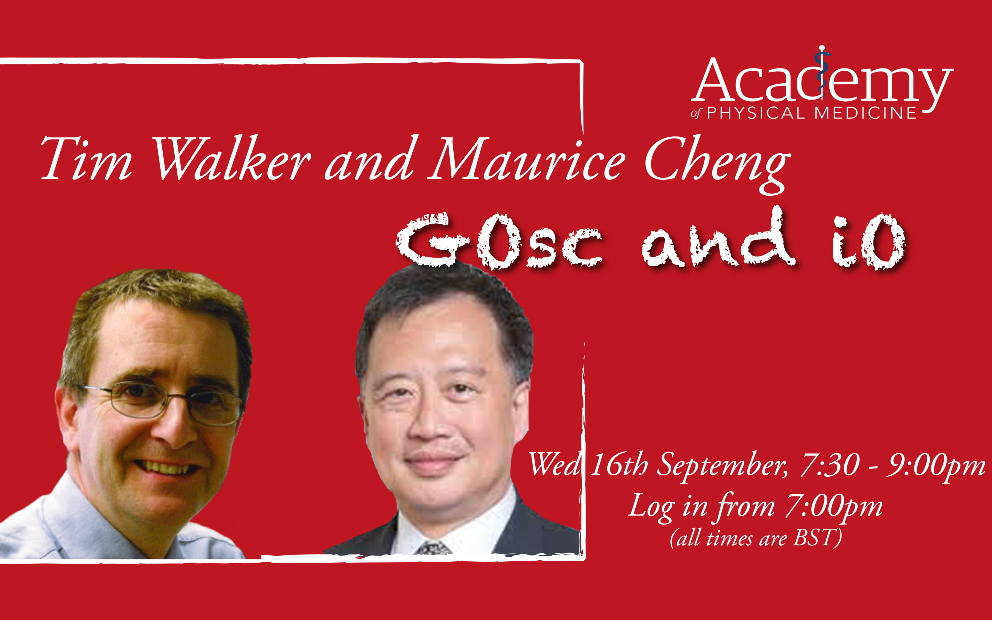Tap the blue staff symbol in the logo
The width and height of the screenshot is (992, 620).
point(821,70)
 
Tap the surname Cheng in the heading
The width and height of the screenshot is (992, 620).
point(717,164)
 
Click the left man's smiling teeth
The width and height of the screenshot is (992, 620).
point(166,467)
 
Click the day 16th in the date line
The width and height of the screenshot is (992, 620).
point(619,465)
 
